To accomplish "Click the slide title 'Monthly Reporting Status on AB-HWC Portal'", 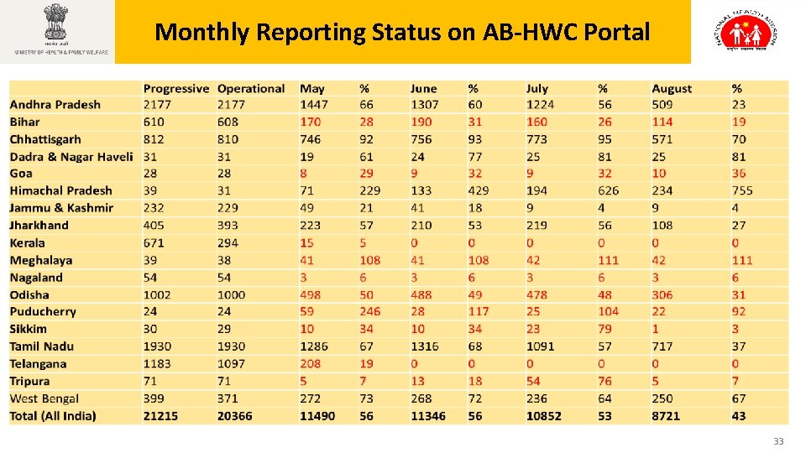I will point(402,33).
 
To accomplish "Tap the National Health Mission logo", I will point(746,32).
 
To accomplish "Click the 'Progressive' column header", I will point(175,88).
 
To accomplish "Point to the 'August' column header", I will point(672,88).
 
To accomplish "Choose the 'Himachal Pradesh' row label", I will point(60,190).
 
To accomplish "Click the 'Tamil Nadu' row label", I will point(42,346).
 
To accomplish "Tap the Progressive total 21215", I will point(160,415).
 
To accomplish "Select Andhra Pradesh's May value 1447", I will point(314,104).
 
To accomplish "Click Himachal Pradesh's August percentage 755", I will point(742,190).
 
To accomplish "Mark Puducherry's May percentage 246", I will point(369,311).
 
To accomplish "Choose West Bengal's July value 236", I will point(536,398).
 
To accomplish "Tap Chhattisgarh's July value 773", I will point(536,138).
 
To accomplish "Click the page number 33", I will point(778,441).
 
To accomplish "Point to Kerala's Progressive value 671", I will point(154,242).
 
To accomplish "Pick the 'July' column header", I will point(537,88).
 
